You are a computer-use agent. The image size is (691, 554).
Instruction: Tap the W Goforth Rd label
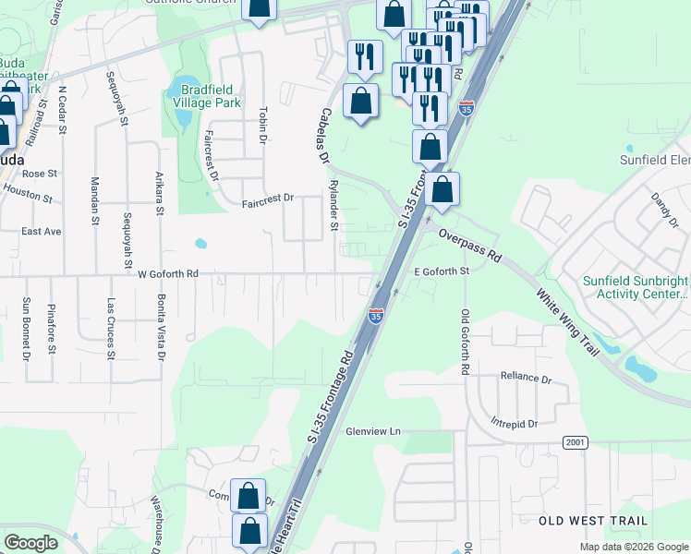168,274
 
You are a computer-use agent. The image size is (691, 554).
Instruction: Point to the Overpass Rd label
468,245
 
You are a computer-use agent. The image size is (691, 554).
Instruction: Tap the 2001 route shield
574,443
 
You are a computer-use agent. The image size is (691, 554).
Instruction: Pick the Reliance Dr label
525,378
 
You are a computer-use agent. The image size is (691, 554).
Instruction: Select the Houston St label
23,191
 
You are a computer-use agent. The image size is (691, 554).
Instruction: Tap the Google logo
30,543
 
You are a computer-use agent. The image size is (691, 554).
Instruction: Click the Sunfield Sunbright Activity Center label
635,287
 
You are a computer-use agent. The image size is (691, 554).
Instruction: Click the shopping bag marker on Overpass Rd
442,189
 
